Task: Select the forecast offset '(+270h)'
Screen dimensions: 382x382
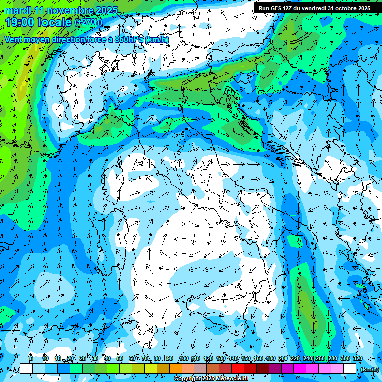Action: coord(88,22)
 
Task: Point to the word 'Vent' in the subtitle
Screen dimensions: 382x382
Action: coord(15,40)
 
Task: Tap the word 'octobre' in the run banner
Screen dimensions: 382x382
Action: coord(344,8)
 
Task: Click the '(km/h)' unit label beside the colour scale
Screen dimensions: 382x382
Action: coord(369,369)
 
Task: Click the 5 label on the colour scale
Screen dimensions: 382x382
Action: coord(31,359)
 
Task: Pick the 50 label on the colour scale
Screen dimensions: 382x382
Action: coord(120,359)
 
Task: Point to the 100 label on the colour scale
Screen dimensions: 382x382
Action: coord(183,359)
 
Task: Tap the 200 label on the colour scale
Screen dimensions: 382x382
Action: coord(283,359)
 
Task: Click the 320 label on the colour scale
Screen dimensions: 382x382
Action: coord(357,359)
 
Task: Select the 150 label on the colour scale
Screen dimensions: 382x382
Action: coord(245,359)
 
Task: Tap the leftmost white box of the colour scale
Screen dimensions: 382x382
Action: coord(26,369)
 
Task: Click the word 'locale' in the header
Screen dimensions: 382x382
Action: coord(56,22)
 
